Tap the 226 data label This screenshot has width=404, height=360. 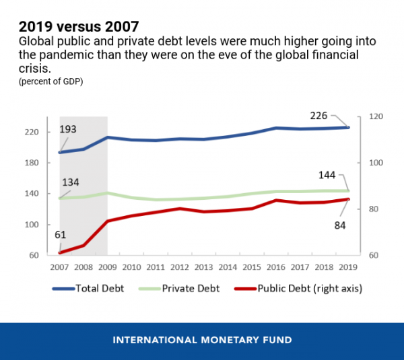point(319,116)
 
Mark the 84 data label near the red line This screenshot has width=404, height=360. point(339,225)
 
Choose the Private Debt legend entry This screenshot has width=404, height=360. point(182,289)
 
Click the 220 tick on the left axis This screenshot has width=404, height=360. point(34,132)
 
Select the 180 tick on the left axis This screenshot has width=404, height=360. point(34,163)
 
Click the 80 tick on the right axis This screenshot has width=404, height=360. point(374,209)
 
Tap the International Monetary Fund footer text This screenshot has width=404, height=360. point(202,340)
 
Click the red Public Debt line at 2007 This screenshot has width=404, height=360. point(60,253)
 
